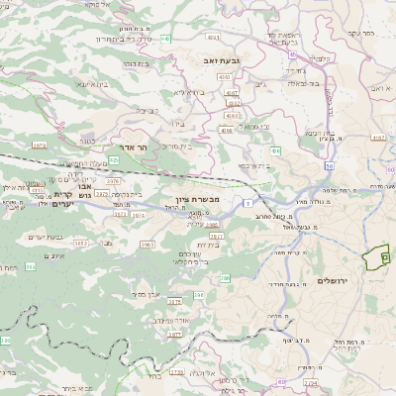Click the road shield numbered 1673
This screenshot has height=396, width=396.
pos(39,145)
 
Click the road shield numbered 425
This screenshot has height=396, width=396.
pos(116,159)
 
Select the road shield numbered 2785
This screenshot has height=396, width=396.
pos(176,371)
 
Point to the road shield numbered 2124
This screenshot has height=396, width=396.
pos(310,381)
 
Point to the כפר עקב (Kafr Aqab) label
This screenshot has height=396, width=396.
pos(360,33)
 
